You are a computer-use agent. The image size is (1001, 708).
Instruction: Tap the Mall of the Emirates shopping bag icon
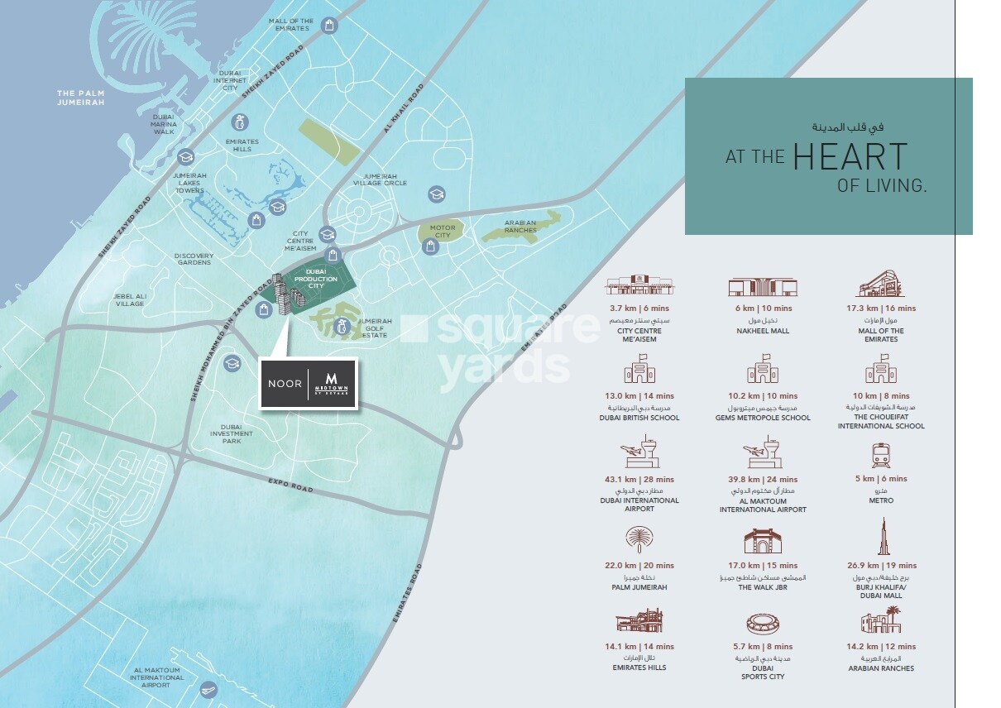point(329,26)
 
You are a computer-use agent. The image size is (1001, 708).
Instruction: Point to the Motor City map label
point(443,231)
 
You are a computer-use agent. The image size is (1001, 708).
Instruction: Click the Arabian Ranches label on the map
point(520,226)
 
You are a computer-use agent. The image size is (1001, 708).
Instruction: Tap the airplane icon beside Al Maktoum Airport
point(208,690)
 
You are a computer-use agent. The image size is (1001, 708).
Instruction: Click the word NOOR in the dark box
point(285,384)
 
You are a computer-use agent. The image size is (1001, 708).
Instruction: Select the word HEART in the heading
point(850,157)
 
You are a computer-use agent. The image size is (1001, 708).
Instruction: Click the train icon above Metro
point(880,455)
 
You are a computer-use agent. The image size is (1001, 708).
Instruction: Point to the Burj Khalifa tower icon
point(882,537)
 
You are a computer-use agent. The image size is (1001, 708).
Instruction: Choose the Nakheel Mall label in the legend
point(762,331)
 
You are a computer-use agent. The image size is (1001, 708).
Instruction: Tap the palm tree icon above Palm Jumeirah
point(639,540)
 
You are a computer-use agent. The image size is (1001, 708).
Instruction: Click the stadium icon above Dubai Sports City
point(762,623)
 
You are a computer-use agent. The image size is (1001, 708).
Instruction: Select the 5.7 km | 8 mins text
point(762,647)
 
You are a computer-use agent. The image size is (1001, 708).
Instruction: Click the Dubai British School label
point(639,418)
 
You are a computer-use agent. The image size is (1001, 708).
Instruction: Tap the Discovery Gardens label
point(194,259)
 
